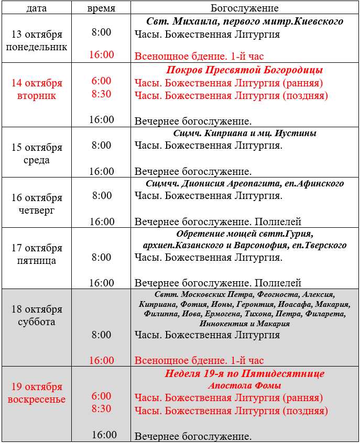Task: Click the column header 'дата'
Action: tap(36, 8)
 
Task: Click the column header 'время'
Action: tap(101, 8)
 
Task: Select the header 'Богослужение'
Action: tap(244, 8)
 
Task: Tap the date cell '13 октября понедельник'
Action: tap(36, 41)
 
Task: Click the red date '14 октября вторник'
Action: tap(36, 90)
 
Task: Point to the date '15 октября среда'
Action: tap(36, 154)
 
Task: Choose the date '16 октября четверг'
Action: tap(36, 204)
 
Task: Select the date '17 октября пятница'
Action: tap(36, 254)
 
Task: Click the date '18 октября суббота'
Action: tap(36, 316)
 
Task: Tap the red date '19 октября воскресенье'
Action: tap(36, 393)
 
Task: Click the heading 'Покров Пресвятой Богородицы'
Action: tap(244, 70)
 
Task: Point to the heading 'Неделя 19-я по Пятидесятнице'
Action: tap(244, 374)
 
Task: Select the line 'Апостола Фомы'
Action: tap(244, 386)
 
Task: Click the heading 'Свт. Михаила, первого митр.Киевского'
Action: tap(244, 21)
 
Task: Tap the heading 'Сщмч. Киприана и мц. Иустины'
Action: tap(244, 134)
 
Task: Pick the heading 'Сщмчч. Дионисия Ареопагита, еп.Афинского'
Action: tap(244, 184)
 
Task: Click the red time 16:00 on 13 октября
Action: tap(101, 55)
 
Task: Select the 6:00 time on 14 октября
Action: tap(101, 81)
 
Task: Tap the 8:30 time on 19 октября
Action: tap(101, 409)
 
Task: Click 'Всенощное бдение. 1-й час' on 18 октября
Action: tap(199, 361)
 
